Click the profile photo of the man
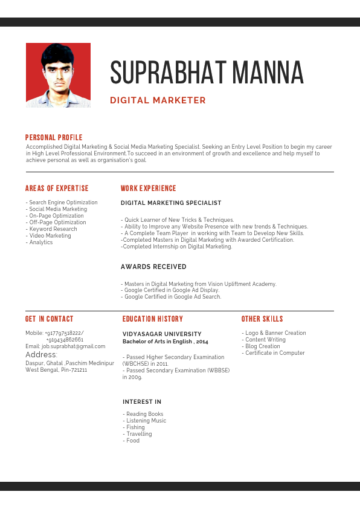point(58,75)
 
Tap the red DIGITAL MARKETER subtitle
point(158,100)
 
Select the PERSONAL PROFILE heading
point(54,138)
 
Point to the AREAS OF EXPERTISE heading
point(57,189)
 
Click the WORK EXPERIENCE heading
point(148,189)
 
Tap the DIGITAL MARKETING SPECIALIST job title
point(171,203)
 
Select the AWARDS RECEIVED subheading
point(153,267)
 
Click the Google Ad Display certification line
point(171,290)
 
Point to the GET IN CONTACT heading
point(49,319)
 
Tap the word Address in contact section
point(41,355)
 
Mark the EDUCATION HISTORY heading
point(152,319)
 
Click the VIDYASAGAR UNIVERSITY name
point(162,334)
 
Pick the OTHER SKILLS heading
point(262,319)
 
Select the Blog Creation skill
point(262,346)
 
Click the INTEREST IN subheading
point(142,402)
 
